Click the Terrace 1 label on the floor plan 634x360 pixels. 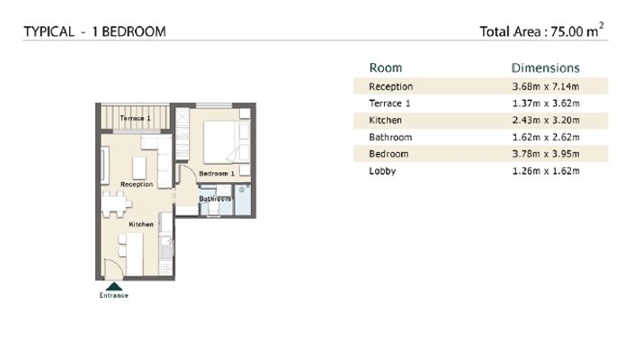pos(135,118)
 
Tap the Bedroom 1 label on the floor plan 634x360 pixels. pos(217,174)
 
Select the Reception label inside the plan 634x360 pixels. pos(137,184)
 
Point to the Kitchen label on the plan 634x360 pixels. pos(141,224)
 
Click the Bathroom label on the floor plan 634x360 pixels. pos(215,199)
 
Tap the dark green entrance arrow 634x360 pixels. pos(113,286)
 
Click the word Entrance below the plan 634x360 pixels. pos(113,296)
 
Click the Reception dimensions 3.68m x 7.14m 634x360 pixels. pos(546,86)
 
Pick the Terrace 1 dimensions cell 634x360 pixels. pos(546,103)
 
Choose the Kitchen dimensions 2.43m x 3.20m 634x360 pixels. pos(546,120)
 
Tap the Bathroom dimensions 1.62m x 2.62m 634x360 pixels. pos(546,137)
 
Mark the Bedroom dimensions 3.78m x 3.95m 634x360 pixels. pos(546,154)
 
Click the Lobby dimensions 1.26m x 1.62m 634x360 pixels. pos(546,171)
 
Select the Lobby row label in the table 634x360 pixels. pos(382,171)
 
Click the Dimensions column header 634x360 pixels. pos(546,68)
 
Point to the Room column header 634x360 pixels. pos(386,68)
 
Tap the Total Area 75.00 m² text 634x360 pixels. pos(541,31)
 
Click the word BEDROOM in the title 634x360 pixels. pos(134,31)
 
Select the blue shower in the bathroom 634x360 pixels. pos(243,200)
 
